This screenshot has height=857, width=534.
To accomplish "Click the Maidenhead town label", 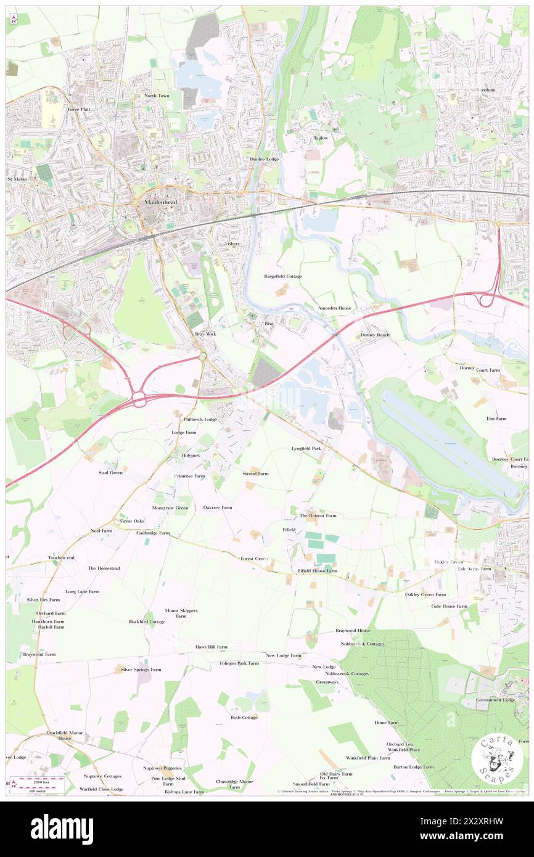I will (x=152, y=202).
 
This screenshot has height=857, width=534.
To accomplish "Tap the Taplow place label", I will (x=321, y=138).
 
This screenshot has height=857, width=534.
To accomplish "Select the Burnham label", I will (x=485, y=90).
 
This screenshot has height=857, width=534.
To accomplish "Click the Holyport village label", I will (x=191, y=455).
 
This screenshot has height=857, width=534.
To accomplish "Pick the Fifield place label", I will (x=289, y=530).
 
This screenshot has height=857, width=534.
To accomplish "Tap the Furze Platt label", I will (x=79, y=109).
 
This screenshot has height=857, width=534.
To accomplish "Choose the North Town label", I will (x=157, y=96).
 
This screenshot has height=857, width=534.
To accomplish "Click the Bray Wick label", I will (x=205, y=334).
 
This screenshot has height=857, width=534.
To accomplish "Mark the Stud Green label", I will (x=110, y=472).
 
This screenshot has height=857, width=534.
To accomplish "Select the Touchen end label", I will (x=61, y=557).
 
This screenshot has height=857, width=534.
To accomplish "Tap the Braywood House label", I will (x=353, y=631).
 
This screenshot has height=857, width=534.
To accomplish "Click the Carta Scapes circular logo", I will (x=497, y=757).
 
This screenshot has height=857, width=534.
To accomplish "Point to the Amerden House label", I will (x=334, y=308).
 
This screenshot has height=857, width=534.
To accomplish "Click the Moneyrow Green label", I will (x=171, y=507).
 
